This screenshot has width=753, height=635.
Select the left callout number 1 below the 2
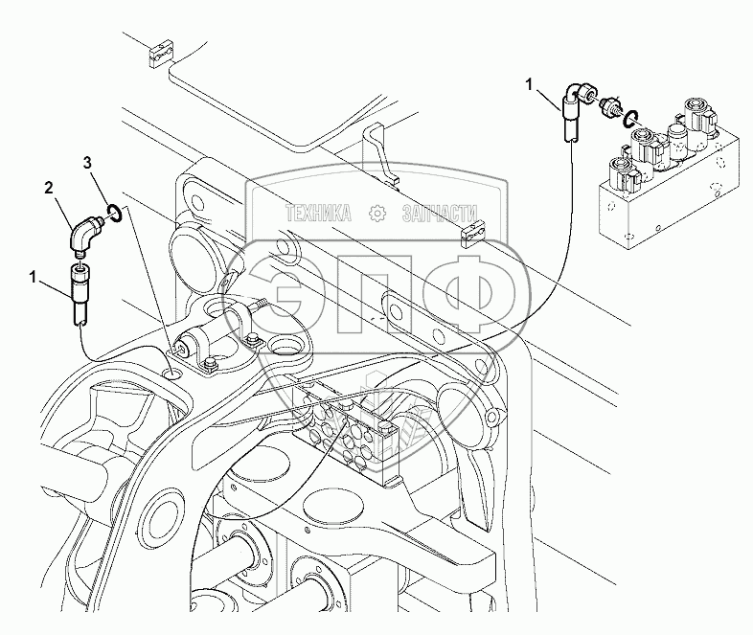(x=33, y=277)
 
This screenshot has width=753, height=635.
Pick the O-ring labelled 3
(x=113, y=211)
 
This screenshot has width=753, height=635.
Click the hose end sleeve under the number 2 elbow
(x=80, y=290)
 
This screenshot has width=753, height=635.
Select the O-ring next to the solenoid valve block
(x=630, y=119)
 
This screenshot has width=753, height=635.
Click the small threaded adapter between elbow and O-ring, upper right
(x=607, y=106)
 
